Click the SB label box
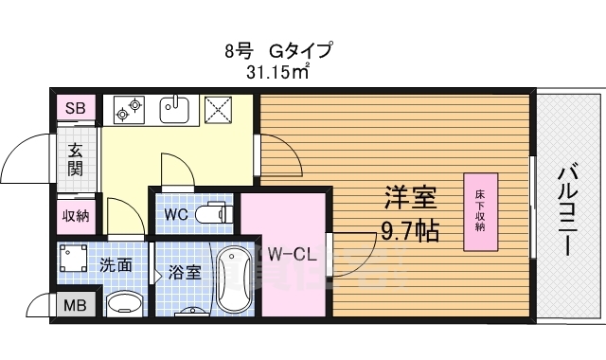75,108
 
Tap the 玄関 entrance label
76,158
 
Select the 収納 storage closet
76,215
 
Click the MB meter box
74,305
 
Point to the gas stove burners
128,111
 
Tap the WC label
176,215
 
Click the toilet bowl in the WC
215,215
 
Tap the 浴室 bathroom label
184,273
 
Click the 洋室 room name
408,199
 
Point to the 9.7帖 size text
408,228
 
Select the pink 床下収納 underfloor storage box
480,212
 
